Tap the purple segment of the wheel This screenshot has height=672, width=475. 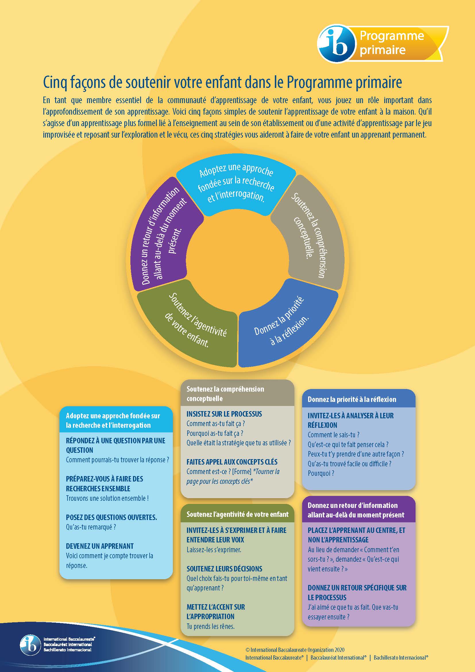coord(164,234)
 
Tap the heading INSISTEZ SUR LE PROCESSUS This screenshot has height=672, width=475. coord(224,414)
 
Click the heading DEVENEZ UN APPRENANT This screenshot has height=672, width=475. coord(100,546)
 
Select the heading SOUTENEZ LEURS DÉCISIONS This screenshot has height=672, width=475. coord(224,569)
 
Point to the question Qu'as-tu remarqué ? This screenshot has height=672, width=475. coord(91,527)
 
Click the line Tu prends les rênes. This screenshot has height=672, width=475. coord(211,626)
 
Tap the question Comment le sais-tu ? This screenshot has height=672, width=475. coord(333,435)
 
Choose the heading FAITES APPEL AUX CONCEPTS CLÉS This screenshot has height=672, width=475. coord(232,462)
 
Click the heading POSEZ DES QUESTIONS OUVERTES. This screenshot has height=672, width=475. coord(111,517)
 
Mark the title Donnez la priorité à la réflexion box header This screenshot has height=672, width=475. coord(352,400)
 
